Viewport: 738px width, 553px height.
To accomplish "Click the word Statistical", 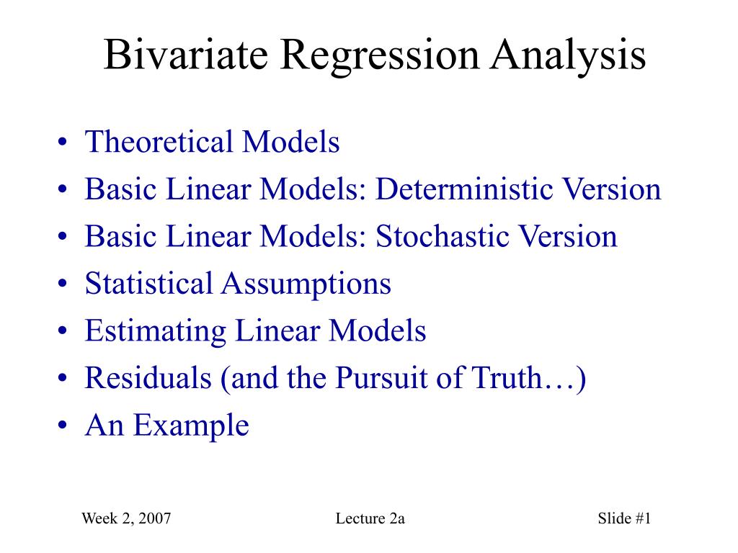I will pos(148,284).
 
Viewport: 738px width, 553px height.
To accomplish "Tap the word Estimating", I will pos(156,332).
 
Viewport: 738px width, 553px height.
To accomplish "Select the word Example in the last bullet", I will pos(191,426).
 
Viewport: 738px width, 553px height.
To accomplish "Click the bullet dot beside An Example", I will pos(63,426).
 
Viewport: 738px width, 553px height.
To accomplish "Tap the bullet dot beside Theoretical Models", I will pos(63,143).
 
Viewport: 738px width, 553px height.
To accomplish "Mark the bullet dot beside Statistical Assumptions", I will pos(63,284).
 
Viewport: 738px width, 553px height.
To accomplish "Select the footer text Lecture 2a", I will pos(370,518).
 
